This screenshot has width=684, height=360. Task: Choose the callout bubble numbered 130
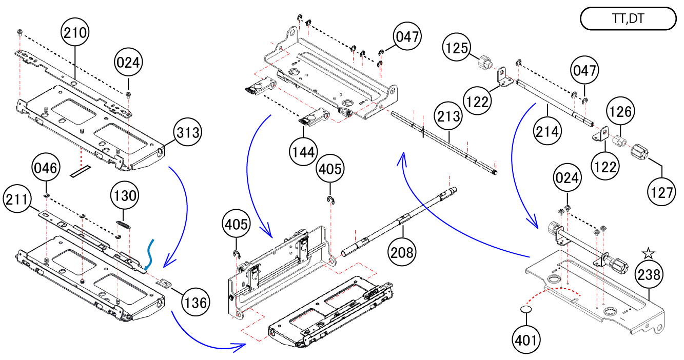(125, 195)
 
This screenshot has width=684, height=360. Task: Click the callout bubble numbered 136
(196, 303)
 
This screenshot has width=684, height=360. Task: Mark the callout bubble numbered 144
(302, 152)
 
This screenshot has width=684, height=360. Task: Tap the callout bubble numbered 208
(403, 252)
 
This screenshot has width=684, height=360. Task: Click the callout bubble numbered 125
(458, 48)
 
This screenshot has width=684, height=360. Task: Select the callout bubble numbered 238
(649, 276)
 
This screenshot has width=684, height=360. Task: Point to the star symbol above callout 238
(649, 253)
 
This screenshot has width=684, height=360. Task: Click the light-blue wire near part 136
(149, 253)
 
